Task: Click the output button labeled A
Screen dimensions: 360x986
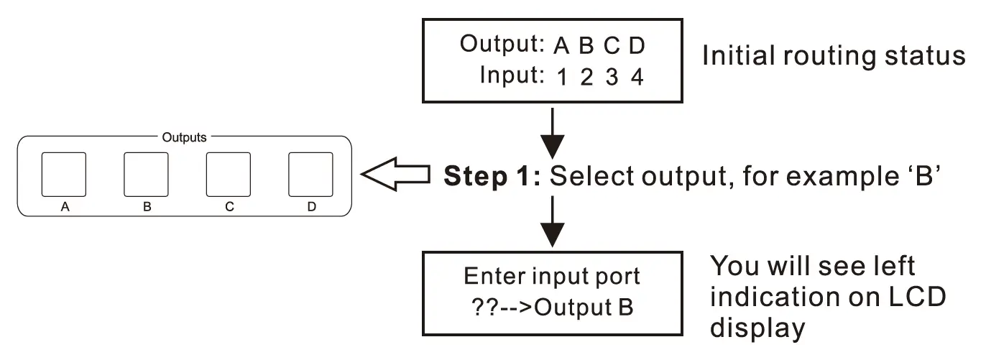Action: (63, 175)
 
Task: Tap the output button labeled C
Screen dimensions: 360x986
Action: (229, 175)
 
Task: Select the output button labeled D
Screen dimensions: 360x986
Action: (310, 175)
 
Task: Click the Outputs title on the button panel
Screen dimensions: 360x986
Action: (184, 137)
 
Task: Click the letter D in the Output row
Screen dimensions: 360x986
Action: (637, 46)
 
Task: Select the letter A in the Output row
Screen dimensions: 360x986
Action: (561, 46)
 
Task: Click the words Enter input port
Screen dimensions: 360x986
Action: (551, 276)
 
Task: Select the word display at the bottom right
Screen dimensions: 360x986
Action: (757, 328)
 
